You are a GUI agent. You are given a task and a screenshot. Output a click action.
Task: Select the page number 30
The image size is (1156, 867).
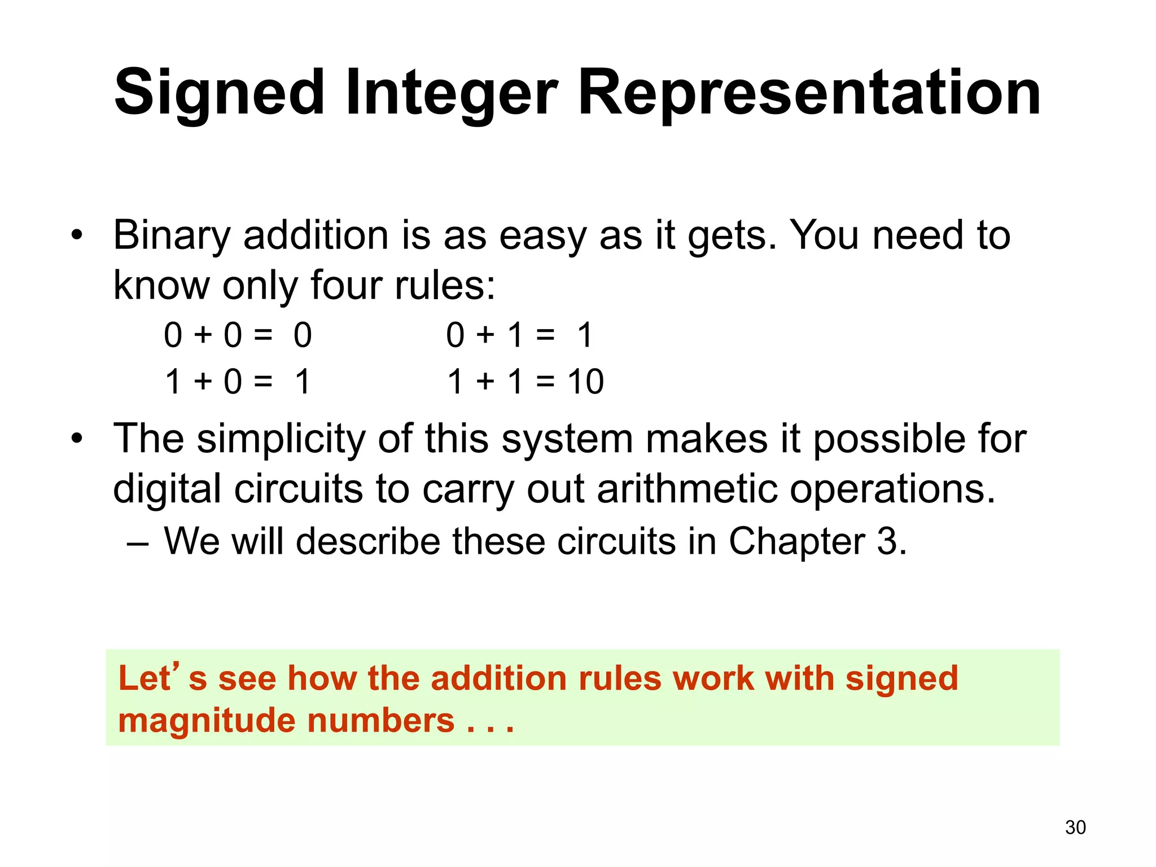tap(1075, 827)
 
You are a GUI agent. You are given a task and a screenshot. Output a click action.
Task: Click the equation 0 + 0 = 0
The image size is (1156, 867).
tap(238, 335)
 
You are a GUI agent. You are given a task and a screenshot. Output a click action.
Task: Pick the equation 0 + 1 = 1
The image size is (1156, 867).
tap(519, 335)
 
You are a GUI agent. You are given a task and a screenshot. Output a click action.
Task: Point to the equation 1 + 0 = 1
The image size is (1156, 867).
tap(238, 382)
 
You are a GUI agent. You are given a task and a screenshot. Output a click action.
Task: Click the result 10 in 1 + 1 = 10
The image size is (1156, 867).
tap(586, 382)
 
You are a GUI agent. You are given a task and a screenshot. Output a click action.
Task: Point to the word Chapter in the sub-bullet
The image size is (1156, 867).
tap(796, 541)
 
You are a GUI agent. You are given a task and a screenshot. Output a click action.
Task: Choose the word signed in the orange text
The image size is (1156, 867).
tap(901, 678)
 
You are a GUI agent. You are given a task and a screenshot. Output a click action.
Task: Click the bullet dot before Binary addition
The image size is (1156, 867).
tap(77, 235)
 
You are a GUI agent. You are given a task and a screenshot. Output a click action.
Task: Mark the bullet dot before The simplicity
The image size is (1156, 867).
tap(77, 438)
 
